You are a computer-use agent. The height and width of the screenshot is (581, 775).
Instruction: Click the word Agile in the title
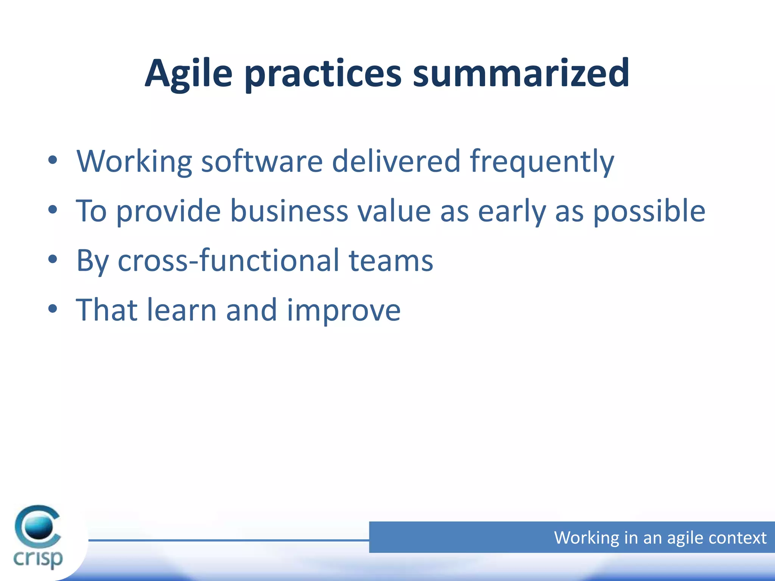(x=188, y=74)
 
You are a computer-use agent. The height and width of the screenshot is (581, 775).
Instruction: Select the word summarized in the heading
(x=521, y=74)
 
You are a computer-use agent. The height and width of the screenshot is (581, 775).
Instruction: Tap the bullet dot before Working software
(x=53, y=160)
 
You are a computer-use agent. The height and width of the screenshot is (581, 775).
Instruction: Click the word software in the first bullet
(x=261, y=162)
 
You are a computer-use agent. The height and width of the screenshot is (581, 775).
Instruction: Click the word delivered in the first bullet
(x=396, y=162)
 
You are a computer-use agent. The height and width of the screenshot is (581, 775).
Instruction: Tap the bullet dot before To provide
(x=53, y=210)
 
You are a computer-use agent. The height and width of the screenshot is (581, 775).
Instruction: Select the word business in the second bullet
(x=289, y=211)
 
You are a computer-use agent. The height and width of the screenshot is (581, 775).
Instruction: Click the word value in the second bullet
(x=394, y=211)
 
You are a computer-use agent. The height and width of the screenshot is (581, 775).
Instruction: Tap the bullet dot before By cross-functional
(x=53, y=259)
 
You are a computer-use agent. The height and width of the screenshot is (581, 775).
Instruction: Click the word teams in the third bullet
(x=391, y=261)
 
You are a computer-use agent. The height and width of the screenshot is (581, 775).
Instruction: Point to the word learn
(x=182, y=310)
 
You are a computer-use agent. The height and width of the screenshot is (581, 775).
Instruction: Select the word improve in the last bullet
(x=343, y=311)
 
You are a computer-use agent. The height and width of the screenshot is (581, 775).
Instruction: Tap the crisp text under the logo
(x=38, y=558)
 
